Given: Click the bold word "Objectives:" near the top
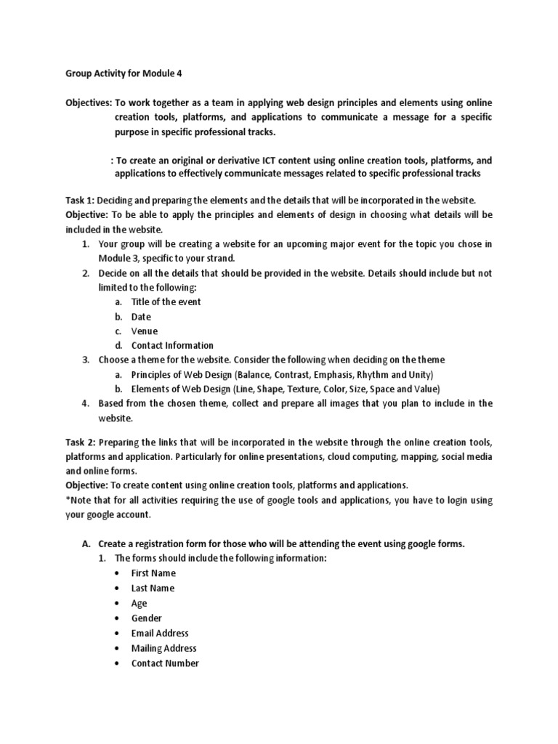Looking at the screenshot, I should (88, 104).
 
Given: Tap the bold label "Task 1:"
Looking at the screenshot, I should (80, 200).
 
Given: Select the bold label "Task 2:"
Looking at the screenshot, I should (80, 442).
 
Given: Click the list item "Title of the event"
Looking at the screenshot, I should (166, 302).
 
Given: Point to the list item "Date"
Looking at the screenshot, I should (141, 317).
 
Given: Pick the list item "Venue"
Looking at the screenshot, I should (145, 331).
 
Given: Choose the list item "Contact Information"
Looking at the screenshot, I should (172, 346).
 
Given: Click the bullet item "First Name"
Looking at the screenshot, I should (153, 573).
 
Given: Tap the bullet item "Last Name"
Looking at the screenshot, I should (153, 589).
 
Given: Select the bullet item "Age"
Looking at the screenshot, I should (139, 603).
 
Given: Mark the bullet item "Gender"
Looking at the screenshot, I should (147, 618).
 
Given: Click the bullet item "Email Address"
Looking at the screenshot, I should (160, 634).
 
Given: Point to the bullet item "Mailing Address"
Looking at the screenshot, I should (163, 648).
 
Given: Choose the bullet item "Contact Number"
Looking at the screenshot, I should (165, 663).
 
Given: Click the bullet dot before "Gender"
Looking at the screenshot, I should (116, 618).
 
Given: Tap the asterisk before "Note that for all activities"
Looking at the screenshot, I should (67, 500).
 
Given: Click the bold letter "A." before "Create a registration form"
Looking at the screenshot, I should (85, 543).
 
